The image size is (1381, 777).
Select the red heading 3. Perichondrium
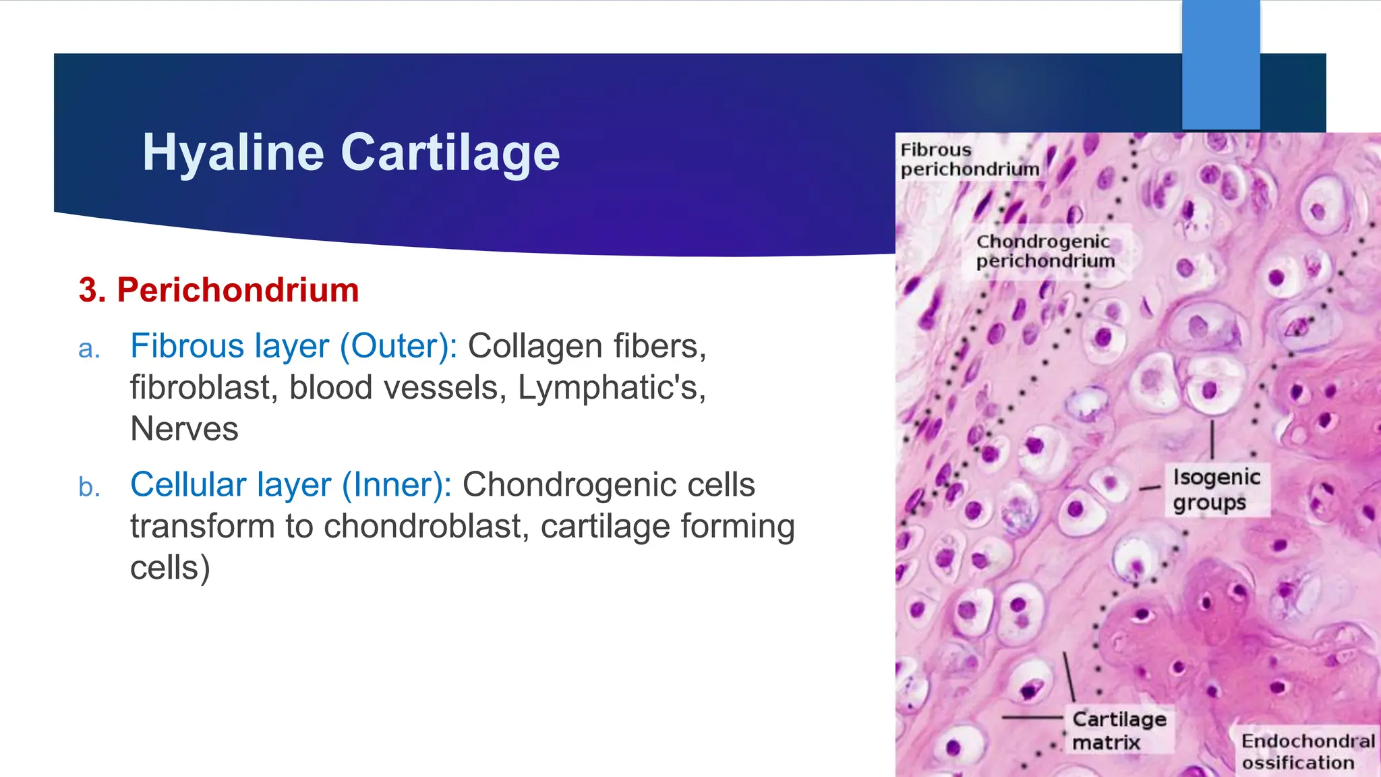[x=218, y=290]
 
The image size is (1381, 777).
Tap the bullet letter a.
[x=89, y=349]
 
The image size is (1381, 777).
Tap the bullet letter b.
[x=89, y=487]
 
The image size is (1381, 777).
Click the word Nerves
[x=184, y=429]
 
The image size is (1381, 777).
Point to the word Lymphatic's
[x=611, y=388]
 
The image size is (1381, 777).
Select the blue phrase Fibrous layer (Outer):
[x=293, y=346]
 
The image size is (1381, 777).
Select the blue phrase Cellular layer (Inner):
[x=291, y=485]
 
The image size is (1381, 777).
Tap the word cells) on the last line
[x=170, y=568]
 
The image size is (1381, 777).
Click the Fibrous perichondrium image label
[x=969, y=160]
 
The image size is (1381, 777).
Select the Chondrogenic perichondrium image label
[x=1045, y=251]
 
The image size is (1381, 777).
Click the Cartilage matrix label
[x=1119, y=730]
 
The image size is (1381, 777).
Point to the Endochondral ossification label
[x=1307, y=751]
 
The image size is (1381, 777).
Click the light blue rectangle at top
[x=1221, y=65]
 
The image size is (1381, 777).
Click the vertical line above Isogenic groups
[x=1212, y=440]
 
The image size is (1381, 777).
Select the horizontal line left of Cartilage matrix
[x=1032, y=718]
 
